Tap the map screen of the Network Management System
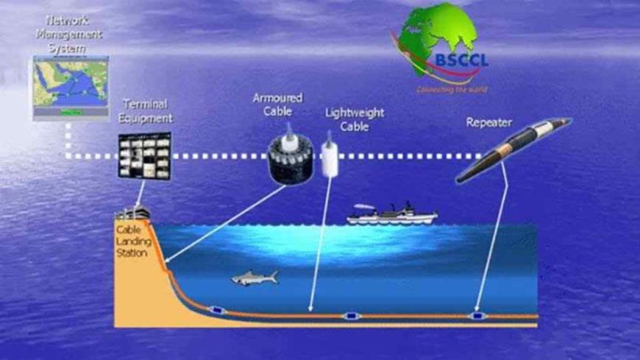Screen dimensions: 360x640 point(71,88)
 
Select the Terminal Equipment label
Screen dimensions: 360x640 point(147,110)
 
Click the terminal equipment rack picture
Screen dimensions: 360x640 point(145,155)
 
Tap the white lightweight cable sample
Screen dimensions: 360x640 point(329,155)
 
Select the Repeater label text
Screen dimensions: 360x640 point(489,122)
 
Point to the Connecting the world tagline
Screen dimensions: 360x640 point(452,90)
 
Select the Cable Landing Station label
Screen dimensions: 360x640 point(132,240)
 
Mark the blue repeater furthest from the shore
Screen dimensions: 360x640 point(477,317)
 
